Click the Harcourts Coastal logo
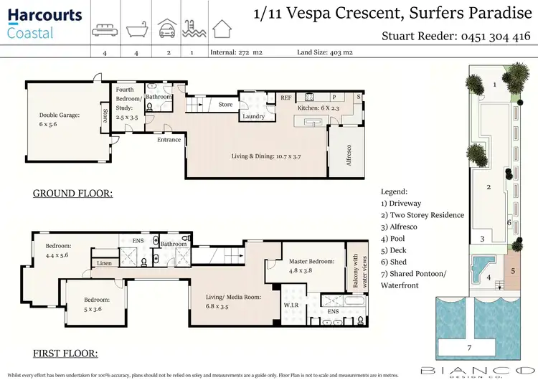tap(44, 22)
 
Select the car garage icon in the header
tap(167, 29)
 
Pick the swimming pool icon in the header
tap(192, 29)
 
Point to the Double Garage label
tap(59, 118)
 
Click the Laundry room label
tap(253, 116)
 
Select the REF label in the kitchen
tap(285, 98)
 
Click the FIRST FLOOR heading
tap(66, 353)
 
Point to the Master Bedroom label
tap(311, 266)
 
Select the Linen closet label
tap(104, 264)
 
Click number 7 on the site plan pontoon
tap(470, 348)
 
